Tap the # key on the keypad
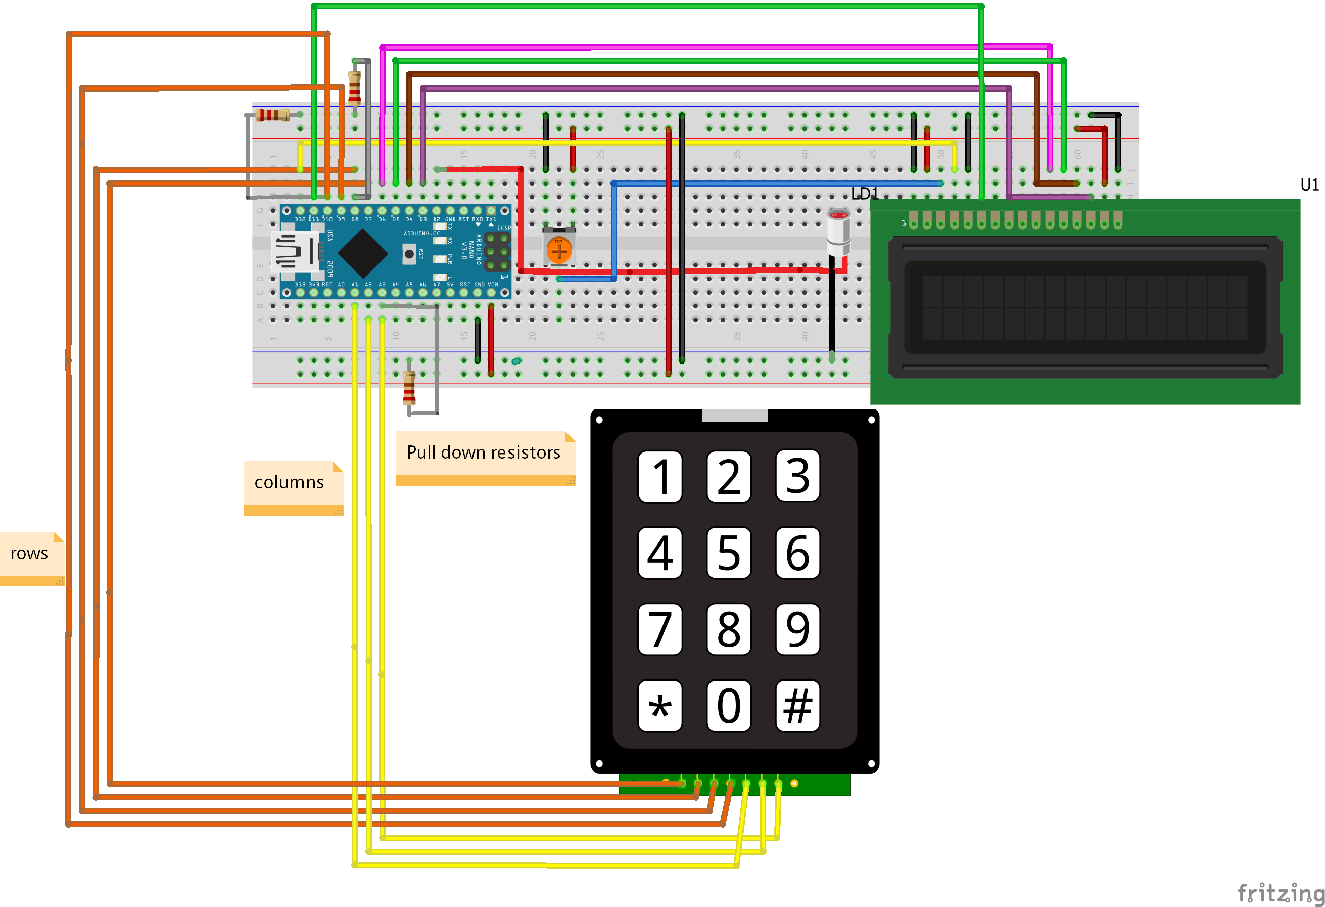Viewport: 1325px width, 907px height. click(797, 706)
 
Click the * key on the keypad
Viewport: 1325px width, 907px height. click(659, 706)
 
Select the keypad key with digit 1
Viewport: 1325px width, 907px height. click(659, 476)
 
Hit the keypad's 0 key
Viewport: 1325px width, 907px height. click(729, 706)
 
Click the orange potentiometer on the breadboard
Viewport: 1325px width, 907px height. click(559, 249)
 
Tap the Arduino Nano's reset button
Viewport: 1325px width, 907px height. click(409, 253)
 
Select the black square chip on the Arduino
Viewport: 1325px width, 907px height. click(363, 253)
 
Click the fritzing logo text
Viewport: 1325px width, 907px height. click(1280, 892)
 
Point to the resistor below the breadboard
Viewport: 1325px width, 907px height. click(409, 387)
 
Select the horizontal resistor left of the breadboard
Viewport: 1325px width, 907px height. click(273, 115)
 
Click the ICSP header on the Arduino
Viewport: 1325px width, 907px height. click(498, 251)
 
